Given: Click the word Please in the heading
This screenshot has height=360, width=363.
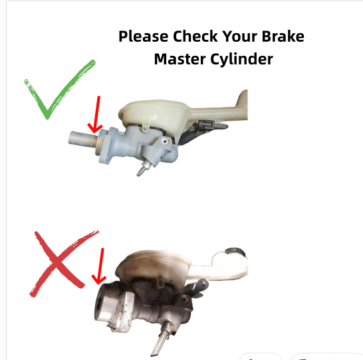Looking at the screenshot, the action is pyautogui.click(x=144, y=37).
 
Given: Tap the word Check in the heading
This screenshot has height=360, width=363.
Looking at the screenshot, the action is pyautogui.click(x=195, y=36).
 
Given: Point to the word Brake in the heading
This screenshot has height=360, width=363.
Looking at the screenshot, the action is pyautogui.click(x=283, y=36).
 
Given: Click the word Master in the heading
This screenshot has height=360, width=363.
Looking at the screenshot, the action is pyautogui.click(x=180, y=58).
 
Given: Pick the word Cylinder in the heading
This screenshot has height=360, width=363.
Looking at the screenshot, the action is pyautogui.click(x=242, y=59).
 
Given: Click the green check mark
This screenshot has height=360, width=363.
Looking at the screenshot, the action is pyautogui.click(x=59, y=90).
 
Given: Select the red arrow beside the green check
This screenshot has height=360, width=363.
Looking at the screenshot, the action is pyautogui.click(x=96, y=115).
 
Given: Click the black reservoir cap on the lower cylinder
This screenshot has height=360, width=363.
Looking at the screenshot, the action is pyautogui.click(x=235, y=251).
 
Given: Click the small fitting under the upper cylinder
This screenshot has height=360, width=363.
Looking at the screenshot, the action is pyautogui.click(x=144, y=168).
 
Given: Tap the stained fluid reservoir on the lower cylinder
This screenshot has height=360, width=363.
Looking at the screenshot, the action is pyautogui.click(x=153, y=268).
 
